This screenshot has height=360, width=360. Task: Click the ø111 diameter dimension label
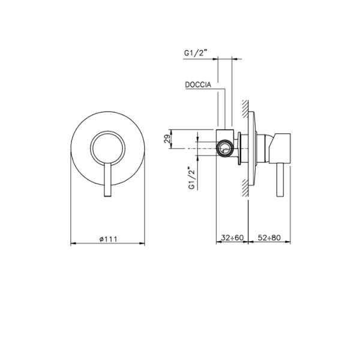point(107,238)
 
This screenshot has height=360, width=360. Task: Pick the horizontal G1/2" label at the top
point(196,53)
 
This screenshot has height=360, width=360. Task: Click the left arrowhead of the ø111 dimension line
point(73,243)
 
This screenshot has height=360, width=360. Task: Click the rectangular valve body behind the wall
point(223,145)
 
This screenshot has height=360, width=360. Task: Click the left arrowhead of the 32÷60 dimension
point(218,243)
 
